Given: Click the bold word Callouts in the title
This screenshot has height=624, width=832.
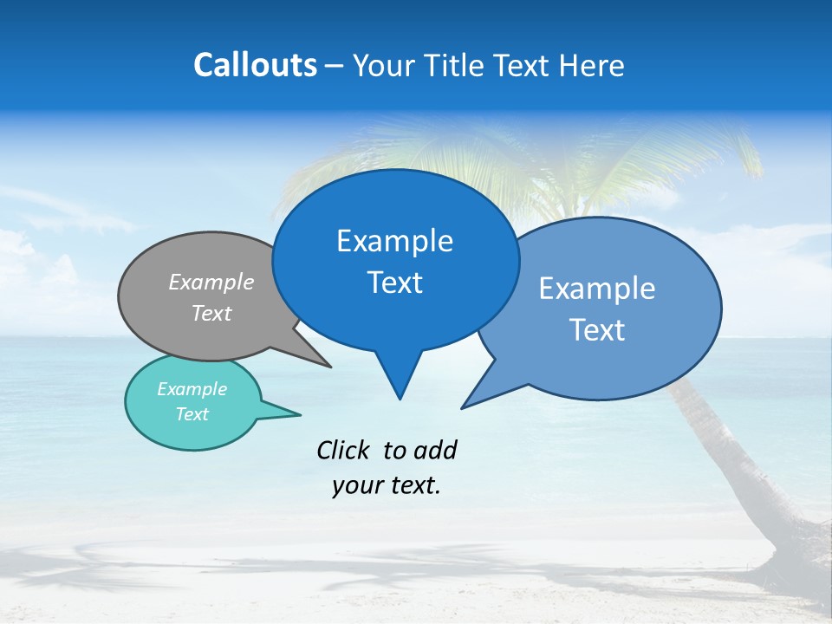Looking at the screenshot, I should tap(255, 66).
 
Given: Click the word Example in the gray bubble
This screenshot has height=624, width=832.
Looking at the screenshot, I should tap(211, 283).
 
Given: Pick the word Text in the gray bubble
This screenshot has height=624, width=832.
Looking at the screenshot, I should tap(211, 313).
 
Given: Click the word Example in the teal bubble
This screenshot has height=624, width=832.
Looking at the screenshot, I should tap(192, 389).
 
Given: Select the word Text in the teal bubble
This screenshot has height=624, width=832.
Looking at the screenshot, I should tap(192, 414).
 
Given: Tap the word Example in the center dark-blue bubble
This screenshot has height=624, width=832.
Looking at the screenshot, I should tap(394, 241).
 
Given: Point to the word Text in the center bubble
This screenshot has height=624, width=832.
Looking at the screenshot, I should tap(394, 283).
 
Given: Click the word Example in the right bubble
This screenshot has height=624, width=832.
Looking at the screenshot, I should tap(597, 289).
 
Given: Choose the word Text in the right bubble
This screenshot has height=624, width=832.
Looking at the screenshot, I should tap(597, 330).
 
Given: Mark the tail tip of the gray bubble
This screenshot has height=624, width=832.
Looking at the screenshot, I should tap(330, 367).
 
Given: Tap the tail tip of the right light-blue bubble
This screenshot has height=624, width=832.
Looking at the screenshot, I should tap(463, 407).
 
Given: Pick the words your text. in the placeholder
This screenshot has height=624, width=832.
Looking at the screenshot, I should tap(387, 485).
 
